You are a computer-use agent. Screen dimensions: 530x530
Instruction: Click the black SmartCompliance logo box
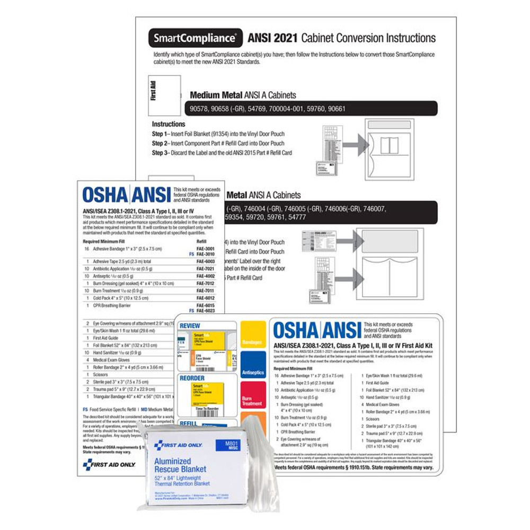click(x=196, y=38)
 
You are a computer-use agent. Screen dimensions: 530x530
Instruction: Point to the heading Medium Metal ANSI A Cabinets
click(x=243, y=95)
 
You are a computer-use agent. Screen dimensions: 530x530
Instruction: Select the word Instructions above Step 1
click(x=169, y=124)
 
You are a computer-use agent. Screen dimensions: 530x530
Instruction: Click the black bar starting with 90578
click(x=313, y=109)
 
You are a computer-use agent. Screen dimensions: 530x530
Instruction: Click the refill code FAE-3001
click(x=206, y=248)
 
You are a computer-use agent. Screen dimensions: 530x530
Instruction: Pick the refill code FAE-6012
click(x=206, y=298)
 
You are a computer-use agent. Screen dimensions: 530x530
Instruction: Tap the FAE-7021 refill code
click(x=206, y=269)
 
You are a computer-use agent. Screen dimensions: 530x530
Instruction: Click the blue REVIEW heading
click(x=191, y=325)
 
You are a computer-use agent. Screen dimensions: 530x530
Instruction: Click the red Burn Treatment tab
click(x=252, y=401)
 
